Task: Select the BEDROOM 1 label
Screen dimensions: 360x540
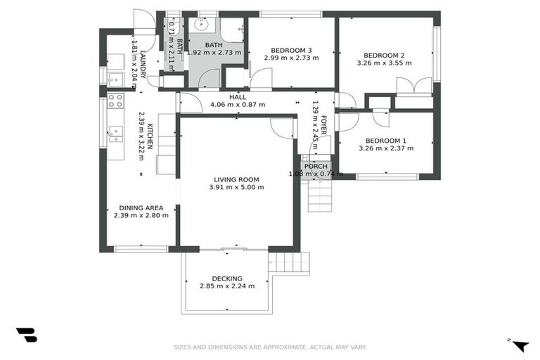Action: tap(386, 140)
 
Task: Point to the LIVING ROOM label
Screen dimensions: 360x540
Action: tap(236, 179)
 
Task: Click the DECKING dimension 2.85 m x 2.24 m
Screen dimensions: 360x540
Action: tap(226, 286)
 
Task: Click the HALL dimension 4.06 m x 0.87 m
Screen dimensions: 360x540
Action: tap(238, 105)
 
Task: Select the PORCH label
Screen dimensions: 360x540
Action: tap(315, 166)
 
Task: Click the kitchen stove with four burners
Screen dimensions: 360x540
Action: tap(115, 100)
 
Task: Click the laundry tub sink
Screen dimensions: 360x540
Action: tap(115, 76)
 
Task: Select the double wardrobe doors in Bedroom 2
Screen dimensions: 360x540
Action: tap(414, 86)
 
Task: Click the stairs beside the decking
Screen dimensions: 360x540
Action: tap(290, 263)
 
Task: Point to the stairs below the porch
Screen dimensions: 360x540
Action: tap(321, 195)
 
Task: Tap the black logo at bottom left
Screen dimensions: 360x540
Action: tap(26, 335)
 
